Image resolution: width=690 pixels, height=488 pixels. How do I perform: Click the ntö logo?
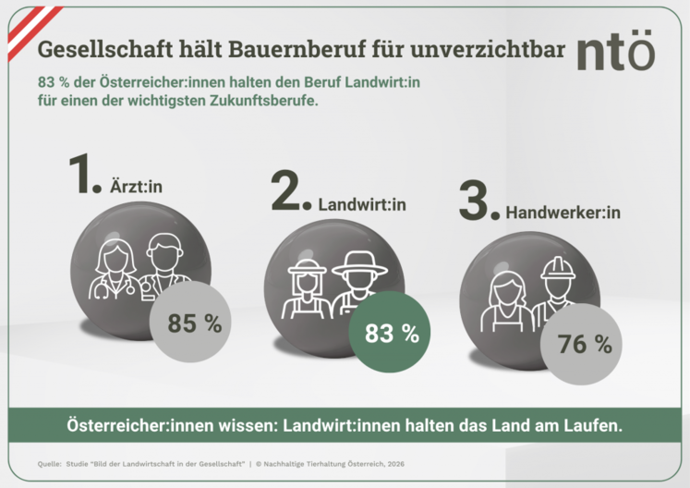pyautogui.click(x=616, y=53)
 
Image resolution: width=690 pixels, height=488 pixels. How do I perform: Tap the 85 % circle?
pyautogui.click(x=194, y=323)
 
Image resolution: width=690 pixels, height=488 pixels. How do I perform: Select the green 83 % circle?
pyautogui.click(x=392, y=334)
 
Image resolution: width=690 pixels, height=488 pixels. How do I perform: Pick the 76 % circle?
pyautogui.click(x=585, y=345)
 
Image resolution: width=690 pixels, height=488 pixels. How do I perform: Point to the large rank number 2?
pyautogui.click(x=289, y=191)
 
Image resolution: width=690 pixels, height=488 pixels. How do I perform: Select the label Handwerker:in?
pyautogui.click(x=563, y=213)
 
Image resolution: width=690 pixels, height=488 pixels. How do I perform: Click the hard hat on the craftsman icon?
pyautogui.click(x=557, y=268)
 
